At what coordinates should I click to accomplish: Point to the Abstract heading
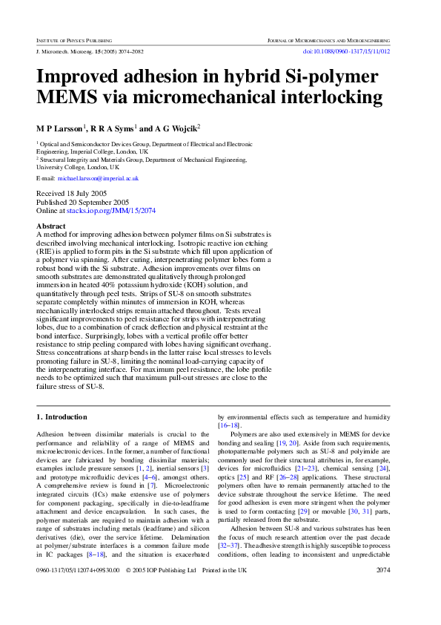(51, 226)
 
